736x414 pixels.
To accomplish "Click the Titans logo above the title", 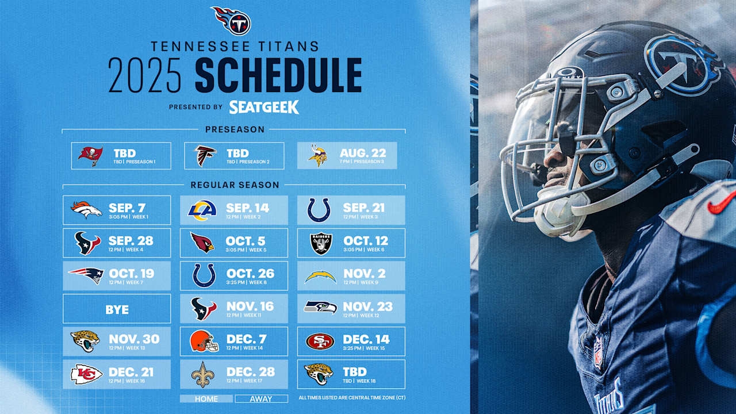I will pos(232,21).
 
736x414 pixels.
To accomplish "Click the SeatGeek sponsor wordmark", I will pos(264,107).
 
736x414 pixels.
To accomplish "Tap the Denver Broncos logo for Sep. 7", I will pos(86,210).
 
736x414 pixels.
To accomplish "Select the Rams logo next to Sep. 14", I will pos(202,210).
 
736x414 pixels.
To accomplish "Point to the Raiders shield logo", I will pos(321,243).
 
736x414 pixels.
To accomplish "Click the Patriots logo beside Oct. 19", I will pos(86,275).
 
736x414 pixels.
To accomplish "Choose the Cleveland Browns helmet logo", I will pos(204,342).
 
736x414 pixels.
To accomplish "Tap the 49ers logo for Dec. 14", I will pos(320,342).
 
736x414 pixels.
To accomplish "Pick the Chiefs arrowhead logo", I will pos(86,374).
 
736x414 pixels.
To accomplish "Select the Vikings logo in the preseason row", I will pos(318,156).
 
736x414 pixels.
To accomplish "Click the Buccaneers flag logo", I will pos(91,156).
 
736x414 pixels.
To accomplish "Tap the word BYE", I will pos(117,309).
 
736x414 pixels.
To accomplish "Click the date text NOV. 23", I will pos(367,306).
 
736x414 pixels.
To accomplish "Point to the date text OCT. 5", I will pos(250,241).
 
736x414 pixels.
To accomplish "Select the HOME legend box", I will pos(206,398).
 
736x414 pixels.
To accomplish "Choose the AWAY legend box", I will pos(261,398).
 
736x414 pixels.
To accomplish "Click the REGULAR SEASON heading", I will pos(235,185).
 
